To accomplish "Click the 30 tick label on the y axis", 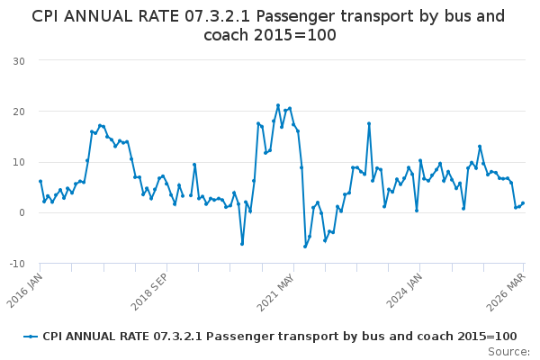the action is coord(19,61).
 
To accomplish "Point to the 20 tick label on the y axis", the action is coord(19,112).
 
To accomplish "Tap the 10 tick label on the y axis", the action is coord(19,162).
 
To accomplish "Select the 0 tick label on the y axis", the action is coord(22,212).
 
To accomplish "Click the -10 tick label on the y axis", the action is coord(17,264).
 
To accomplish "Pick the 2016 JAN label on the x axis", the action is coord(25,291).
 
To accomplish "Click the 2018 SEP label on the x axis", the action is coord(149,292).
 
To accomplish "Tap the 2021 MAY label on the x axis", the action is coord(276,292).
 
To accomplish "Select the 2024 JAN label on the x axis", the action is coord(404,291).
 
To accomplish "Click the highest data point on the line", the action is coord(278,105).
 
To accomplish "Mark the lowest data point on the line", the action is coord(305,247).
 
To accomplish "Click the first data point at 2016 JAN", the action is coord(40,181).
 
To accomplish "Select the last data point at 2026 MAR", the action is coord(523,203).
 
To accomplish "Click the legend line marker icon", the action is coord(31,337).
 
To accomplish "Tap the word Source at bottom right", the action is coord(508,352).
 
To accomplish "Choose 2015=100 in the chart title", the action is coord(295,35).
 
